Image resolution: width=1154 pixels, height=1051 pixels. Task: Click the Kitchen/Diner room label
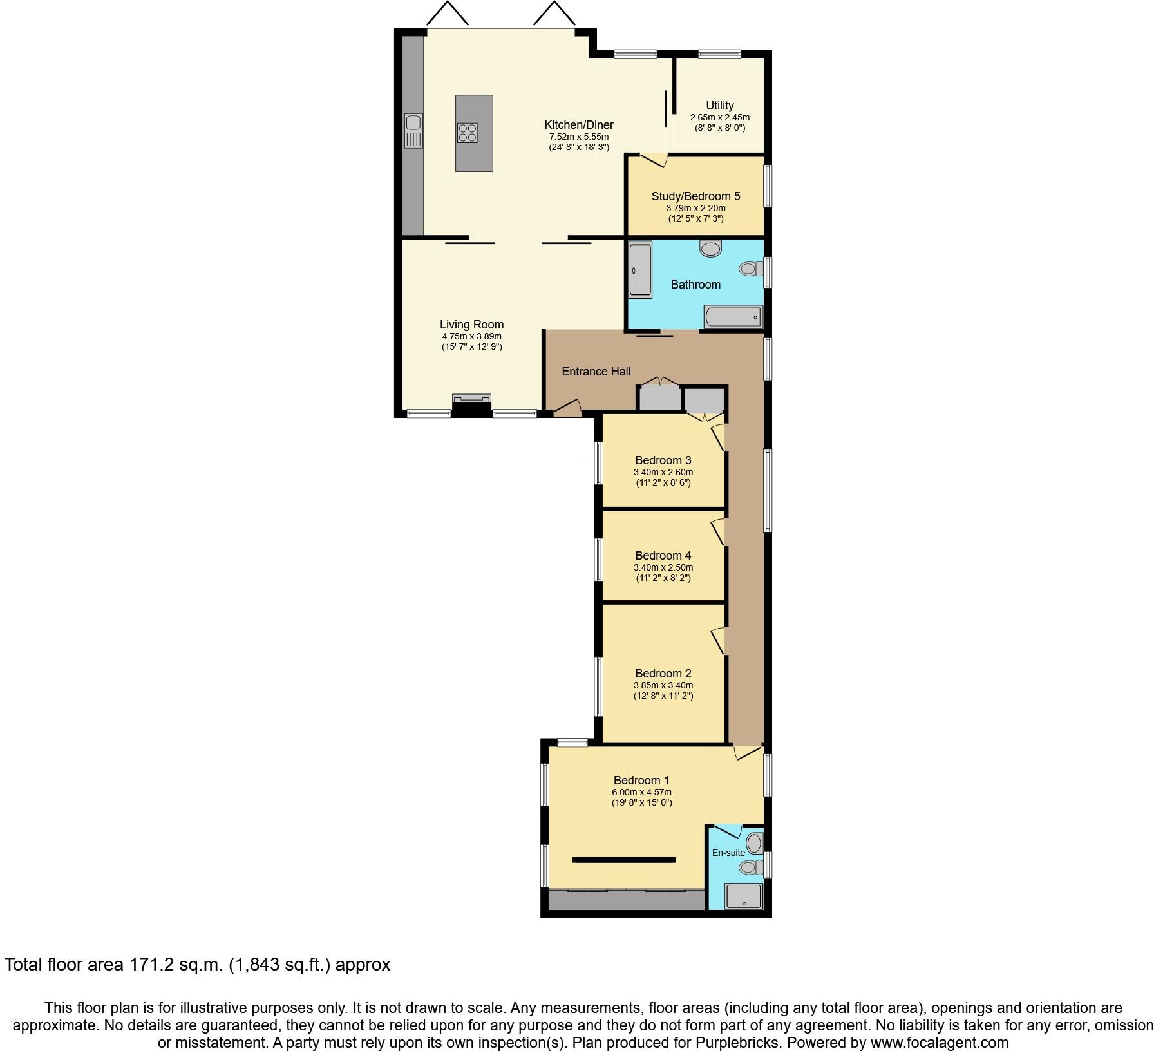click(x=578, y=125)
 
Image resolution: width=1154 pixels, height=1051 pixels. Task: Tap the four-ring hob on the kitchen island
click(x=468, y=133)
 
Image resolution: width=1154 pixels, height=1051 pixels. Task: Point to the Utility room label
click(x=719, y=106)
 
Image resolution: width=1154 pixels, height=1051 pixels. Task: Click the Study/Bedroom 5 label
click(x=695, y=196)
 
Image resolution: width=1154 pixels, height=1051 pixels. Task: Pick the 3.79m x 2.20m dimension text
click(x=695, y=208)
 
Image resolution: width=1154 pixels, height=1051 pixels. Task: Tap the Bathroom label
click(x=695, y=285)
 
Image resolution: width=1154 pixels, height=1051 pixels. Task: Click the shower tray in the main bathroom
click(x=640, y=269)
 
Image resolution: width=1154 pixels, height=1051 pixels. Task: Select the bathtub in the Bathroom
click(x=733, y=317)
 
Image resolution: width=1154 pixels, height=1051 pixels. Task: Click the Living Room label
click(x=471, y=325)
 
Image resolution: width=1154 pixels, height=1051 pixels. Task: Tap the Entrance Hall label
click(x=596, y=372)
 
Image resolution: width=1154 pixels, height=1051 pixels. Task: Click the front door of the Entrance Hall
click(x=567, y=408)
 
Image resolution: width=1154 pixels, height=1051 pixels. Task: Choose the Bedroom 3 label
click(x=663, y=460)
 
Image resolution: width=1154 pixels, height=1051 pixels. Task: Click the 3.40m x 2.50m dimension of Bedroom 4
click(x=663, y=567)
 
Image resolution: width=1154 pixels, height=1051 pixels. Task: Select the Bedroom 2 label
click(x=663, y=674)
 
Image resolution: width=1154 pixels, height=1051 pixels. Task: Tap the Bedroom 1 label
click(x=641, y=781)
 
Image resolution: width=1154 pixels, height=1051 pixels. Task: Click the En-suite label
click(x=728, y=853)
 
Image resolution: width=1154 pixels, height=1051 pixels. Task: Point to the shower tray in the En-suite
click(x=743, y=896)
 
